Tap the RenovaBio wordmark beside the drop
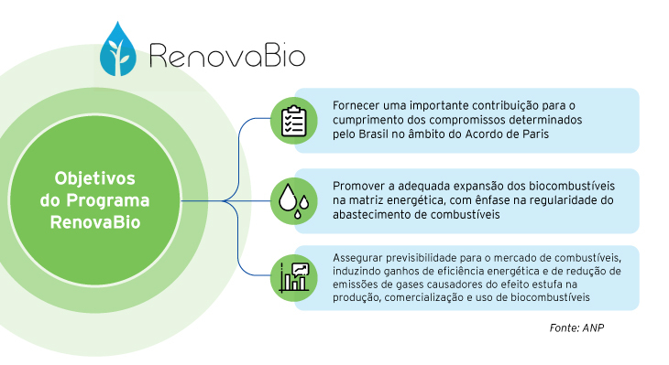coord(227,56)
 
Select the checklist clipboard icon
coord(293,121)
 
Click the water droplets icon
coord(293,201)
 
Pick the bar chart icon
coord(294,277)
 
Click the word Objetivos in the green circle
coord(94,178)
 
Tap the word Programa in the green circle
coord(108,201)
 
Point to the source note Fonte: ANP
coord(576,327)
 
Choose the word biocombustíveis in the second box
coord(572,186)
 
